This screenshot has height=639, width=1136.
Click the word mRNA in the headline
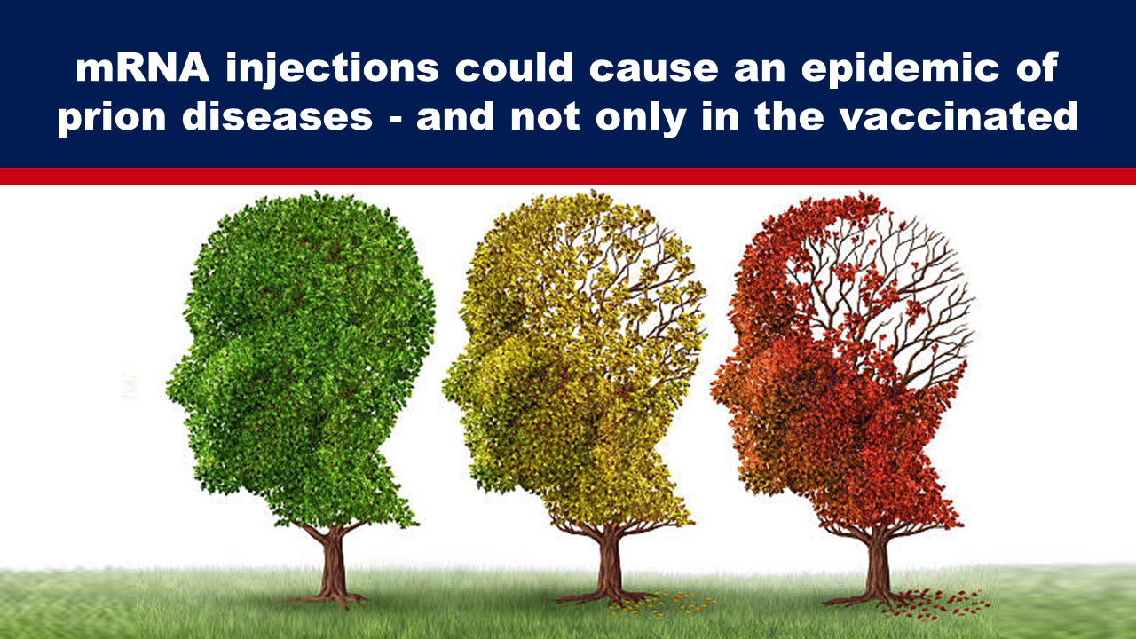click(143, 67)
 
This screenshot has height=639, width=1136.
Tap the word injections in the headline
click(332, 69)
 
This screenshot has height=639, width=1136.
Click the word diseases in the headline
click(278, 116)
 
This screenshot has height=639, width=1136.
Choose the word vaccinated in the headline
click(958, 116)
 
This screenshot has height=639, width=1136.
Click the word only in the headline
click(641, 118)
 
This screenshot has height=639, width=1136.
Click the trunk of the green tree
click(333, 563)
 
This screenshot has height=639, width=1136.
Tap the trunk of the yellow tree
click(608, 563)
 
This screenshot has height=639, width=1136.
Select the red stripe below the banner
click(568, 176)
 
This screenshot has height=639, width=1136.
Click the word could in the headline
click(514, 67)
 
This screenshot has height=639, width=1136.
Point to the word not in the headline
click(545, 117)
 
